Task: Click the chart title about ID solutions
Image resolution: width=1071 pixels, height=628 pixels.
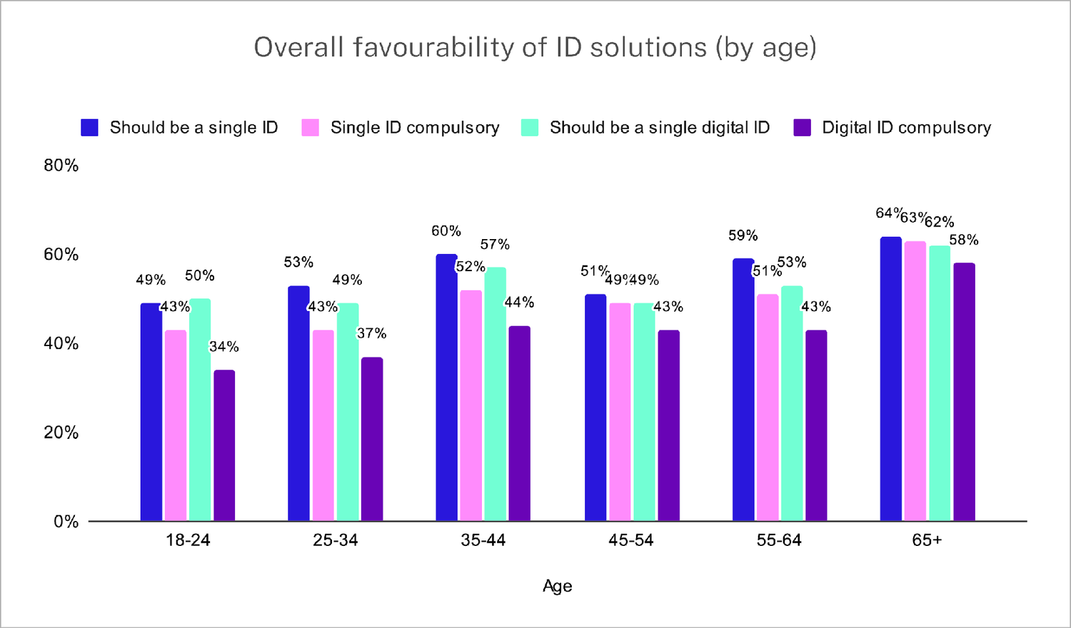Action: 535,48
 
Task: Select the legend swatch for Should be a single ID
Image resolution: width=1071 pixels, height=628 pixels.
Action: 89,128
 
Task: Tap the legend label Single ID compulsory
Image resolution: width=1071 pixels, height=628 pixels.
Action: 414,128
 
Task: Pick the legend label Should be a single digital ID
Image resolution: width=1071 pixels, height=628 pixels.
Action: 659,128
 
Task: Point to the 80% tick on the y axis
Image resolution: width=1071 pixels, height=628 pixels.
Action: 61,166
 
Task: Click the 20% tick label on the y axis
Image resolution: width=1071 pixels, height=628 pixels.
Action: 61,432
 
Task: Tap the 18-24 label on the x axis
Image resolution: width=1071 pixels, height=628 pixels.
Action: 188,540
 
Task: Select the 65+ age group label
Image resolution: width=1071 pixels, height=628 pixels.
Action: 927,540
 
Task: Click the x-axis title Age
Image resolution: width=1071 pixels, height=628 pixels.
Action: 557,586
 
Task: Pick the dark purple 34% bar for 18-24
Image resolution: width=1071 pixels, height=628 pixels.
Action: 224,446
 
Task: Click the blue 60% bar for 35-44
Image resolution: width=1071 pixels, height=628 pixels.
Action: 446,388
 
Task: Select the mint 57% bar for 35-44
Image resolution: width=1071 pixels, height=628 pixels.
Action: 495,395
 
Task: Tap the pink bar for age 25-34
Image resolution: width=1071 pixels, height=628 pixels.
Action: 323,426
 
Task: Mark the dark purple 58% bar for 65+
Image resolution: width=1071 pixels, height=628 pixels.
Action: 964,392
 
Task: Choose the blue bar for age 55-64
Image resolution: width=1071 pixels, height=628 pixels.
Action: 743,390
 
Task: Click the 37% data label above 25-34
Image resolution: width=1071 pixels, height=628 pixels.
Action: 371,333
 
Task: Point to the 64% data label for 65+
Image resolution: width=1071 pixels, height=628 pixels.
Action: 889,213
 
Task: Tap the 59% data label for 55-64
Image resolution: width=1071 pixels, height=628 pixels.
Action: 743,235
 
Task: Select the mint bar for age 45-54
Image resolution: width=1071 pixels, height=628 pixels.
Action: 644,412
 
